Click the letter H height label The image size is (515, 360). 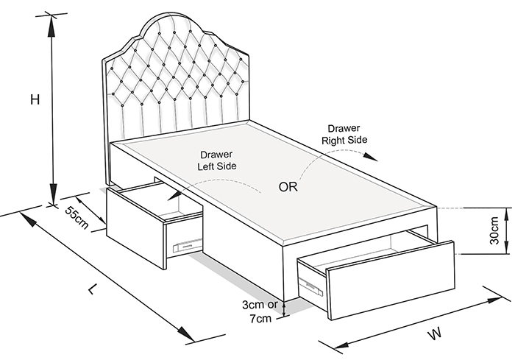coord(35,99)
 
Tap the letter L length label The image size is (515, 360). coord(93,289)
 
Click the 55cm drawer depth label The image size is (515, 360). coord(77,218)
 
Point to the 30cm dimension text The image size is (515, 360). coord(494,230)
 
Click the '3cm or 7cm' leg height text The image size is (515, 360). coord(260,311)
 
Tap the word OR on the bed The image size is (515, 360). coord(288,187)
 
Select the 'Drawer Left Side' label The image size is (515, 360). coord(217,160)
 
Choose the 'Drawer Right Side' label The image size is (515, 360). coord(344,134)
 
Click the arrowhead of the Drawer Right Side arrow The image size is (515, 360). coord(371,157)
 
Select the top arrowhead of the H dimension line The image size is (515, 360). coord(51,26)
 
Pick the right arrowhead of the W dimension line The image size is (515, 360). coord(494,300)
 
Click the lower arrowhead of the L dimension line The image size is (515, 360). coord(185,333)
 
